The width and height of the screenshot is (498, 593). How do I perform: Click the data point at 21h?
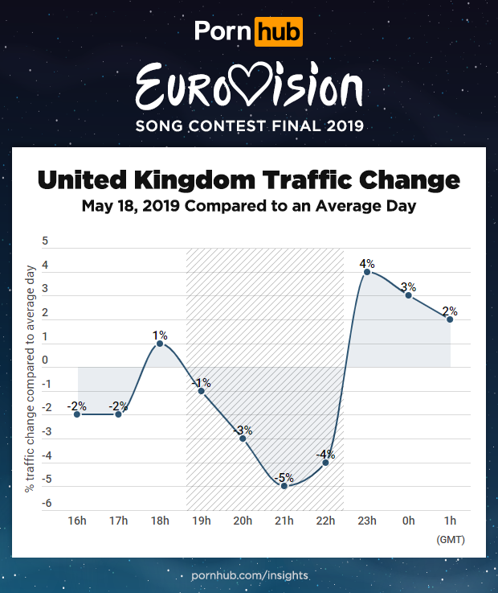click(x=284, y=486)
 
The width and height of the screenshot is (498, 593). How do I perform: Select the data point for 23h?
click(x=367, y=272)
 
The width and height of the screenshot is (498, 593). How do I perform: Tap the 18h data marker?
click(x=160, y=344)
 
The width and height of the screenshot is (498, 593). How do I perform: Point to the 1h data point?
click(x=450, y=319)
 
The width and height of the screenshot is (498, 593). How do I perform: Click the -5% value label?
click(x=285, y=476)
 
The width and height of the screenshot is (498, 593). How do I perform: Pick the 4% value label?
click(x=367, y=262)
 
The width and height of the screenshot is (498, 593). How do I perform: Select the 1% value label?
click(x=160, y=334)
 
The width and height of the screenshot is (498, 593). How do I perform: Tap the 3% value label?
click(x=408, y=286)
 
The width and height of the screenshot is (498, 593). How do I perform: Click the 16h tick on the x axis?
click(x=77, y=521)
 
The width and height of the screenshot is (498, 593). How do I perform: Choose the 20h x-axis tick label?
click(x=243, y=521)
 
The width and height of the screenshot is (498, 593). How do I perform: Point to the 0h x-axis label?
click(x=408, y=521)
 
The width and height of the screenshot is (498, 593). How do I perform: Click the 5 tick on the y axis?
click(x=45, y=241)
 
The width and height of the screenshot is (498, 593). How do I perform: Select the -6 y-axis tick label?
click(x=46, y=504)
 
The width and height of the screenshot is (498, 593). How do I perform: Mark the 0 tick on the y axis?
click(x=45, y=360)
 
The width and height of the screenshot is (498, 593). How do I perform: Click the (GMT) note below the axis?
click(x=450, y=539)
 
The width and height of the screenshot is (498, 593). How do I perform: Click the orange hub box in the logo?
click(x=277, y=32)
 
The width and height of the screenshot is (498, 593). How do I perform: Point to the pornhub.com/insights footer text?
click(x=250, y=576)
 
